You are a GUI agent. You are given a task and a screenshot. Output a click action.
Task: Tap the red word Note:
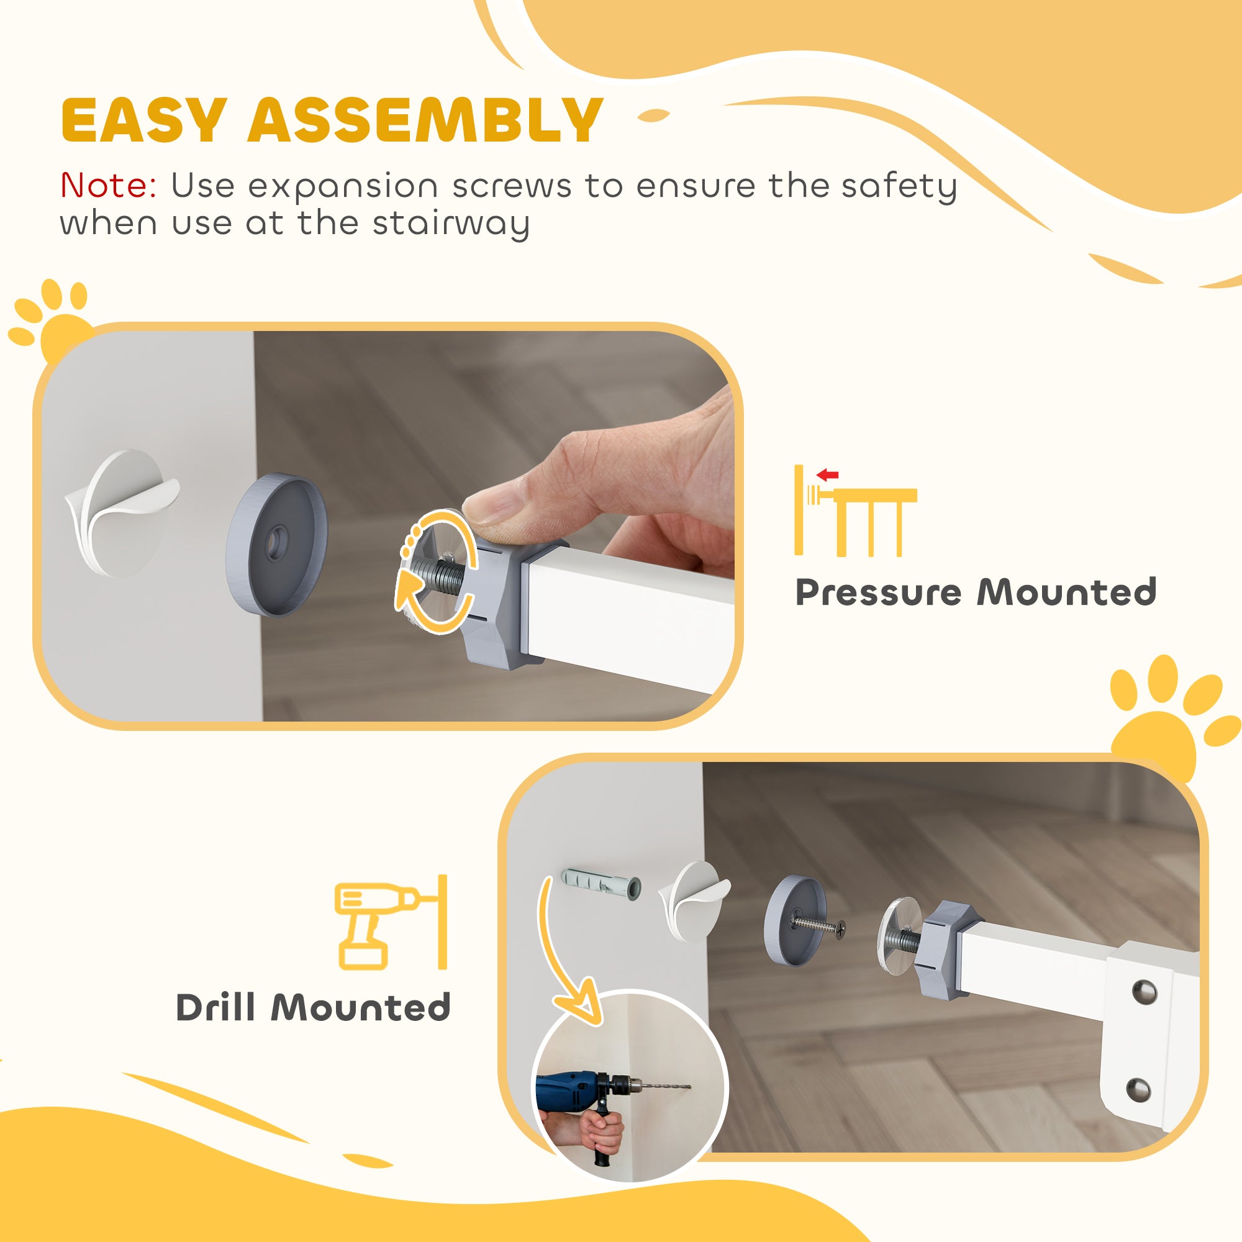108,186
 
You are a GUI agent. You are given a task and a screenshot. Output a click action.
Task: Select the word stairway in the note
451,224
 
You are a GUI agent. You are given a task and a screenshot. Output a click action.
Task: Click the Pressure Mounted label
976,592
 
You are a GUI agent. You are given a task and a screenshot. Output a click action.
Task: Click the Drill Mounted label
313,1007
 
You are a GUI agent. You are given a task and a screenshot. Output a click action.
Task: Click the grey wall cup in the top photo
276,545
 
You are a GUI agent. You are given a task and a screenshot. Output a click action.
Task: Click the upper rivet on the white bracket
1145,991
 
